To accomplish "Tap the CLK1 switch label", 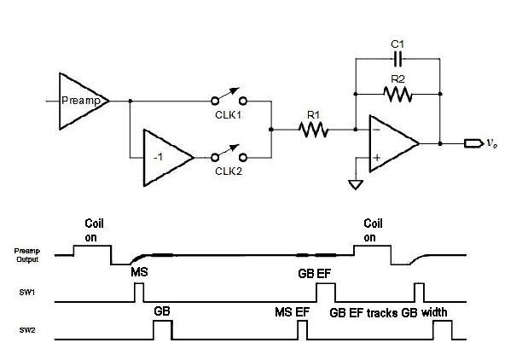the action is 229,115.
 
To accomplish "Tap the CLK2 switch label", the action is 229,171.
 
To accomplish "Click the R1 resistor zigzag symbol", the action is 313,130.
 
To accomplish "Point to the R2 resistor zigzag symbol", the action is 397,94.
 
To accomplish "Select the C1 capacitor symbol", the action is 397,59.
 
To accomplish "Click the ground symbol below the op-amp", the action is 356,185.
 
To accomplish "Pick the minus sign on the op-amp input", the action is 377,130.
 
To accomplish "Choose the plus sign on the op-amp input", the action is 377,158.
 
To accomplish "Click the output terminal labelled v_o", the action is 474,143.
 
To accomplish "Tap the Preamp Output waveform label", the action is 27,255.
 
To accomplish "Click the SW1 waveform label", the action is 27,293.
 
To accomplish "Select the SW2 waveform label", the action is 27,330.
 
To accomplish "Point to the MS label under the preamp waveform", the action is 139,272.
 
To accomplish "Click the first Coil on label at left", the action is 94,230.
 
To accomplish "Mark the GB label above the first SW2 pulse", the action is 162,311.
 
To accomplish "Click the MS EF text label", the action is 292,312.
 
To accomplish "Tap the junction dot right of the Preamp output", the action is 131,101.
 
